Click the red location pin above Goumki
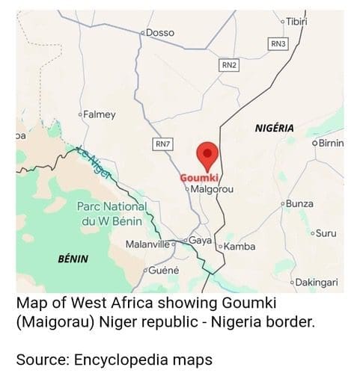[207, 155]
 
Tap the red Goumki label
[198, 179]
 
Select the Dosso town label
[159, 32]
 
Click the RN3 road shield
[278, 44]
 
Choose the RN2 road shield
[228, 66]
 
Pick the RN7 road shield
[162, 143]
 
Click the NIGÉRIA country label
[275, 127]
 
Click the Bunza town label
[299, 203]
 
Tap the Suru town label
[326, 233]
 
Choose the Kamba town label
[240, 247]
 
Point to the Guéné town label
[163, 269]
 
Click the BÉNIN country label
[73, 259]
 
